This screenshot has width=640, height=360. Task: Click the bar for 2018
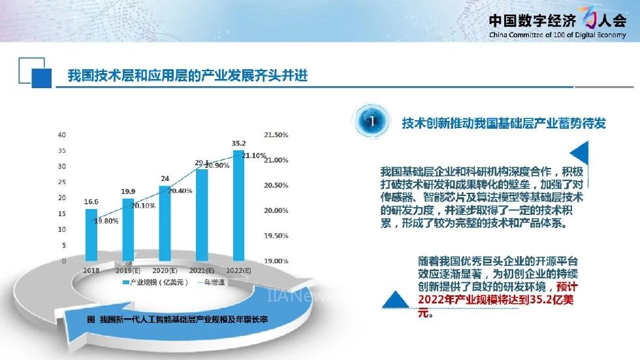[91, 235]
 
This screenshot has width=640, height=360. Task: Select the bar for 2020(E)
[165, 223]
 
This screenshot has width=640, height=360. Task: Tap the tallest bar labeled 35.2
[239, 206]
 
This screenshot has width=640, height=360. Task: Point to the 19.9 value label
[128, 191]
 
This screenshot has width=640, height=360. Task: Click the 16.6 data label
[91, 202]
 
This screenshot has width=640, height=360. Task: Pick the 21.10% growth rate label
[254, 155]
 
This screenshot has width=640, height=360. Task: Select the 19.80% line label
[106, 221]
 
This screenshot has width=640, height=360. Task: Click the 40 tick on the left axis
[61, 135]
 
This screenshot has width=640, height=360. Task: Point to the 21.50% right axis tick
[276, 135]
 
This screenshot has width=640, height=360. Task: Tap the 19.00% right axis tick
[276, 261]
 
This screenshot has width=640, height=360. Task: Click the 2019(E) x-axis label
[128, 270]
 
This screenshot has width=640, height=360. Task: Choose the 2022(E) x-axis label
[239, 270]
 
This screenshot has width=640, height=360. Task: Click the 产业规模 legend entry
[155, 282]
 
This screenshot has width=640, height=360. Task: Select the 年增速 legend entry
[211, 282]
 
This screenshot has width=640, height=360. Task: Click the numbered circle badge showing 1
[371, 121]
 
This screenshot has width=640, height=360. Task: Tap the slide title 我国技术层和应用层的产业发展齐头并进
[187, 76]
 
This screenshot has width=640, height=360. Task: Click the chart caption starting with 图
[178, 319]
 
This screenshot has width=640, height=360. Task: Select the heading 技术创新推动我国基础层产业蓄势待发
[504, 123]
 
